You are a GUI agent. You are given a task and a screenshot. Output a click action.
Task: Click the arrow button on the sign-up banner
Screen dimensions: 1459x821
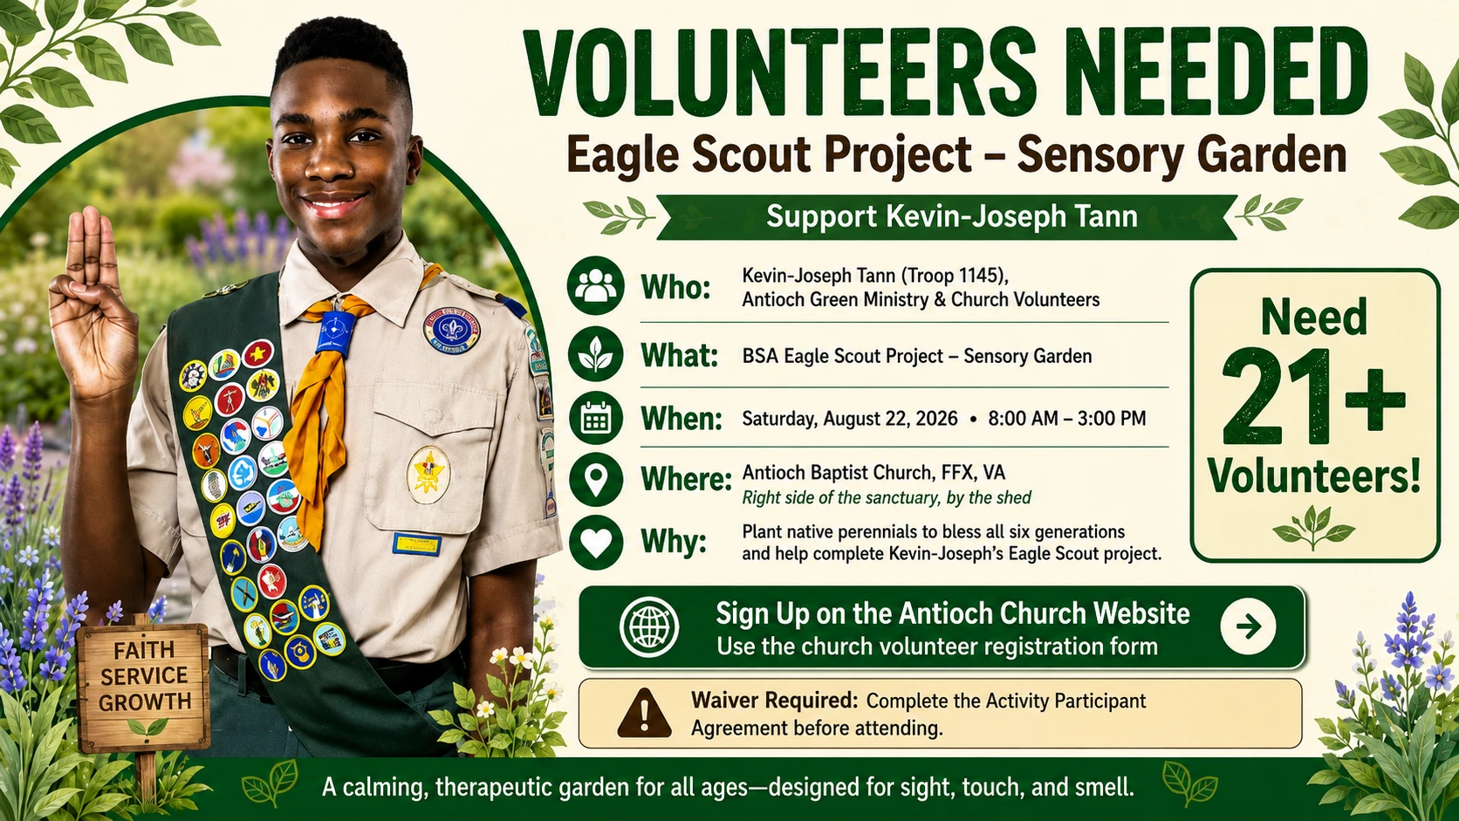click(x=1248, y=626)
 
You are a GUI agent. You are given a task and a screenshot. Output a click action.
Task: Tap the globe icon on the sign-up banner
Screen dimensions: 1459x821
click(x=648, y=626)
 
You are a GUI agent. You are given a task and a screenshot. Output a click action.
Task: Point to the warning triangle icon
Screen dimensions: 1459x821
click(x=644, y=714)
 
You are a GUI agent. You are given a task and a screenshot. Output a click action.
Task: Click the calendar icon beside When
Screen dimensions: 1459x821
click(x=595, y=417)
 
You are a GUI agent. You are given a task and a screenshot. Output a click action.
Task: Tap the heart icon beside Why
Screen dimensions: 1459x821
click(x=595, y=542)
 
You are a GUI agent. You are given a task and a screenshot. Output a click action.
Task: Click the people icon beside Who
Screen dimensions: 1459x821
click(x=595, y=286)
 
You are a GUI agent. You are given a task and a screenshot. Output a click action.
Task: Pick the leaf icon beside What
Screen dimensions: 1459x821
click(x=595, y=354)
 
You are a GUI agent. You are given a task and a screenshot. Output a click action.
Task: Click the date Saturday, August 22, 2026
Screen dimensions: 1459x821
click(x=850, y=419)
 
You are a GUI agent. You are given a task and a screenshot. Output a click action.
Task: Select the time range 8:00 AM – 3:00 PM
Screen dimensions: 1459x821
click(x=1067, y=419)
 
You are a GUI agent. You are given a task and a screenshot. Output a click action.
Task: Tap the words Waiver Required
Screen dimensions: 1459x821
click(x=775, y=701)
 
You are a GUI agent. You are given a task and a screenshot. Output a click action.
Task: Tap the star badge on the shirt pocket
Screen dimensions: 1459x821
click(x=428, y=475)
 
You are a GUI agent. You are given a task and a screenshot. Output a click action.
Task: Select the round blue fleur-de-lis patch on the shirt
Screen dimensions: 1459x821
click(x=451, y=330)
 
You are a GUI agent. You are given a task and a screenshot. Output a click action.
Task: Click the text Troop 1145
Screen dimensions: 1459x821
click(x=952, y=276)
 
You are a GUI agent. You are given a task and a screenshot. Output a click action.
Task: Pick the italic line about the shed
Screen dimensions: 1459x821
click(x=887, y=499)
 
